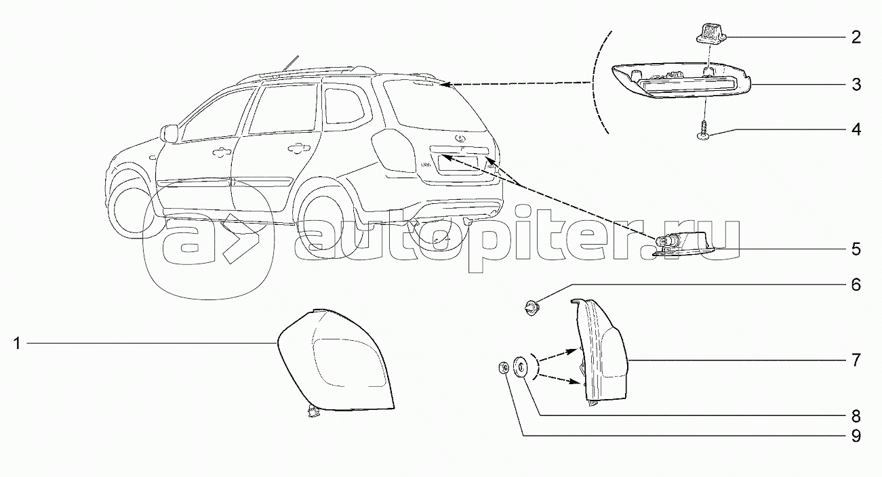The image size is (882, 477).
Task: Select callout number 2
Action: pyautogui.click(x=856, y=37)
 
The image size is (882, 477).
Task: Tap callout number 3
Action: pyautogui.click(x=856, y=85)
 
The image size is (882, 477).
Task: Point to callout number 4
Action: pyautogui.click(x=856, y=129)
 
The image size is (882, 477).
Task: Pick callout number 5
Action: pyautogui.click(x=856, y=249)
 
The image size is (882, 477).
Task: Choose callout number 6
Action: pyautogui.click(x=856, y=284)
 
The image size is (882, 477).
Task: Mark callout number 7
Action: pyautogui.click(x=856, y=360)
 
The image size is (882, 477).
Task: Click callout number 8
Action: pyautogui.click(x=856, y=415)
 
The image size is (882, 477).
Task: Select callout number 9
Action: pyautogui.click(x=856, y=436)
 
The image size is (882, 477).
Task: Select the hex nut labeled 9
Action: pyautogui.click(x=504, y=368)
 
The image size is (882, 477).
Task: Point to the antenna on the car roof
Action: pyautogui.click(x=292, y=62)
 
